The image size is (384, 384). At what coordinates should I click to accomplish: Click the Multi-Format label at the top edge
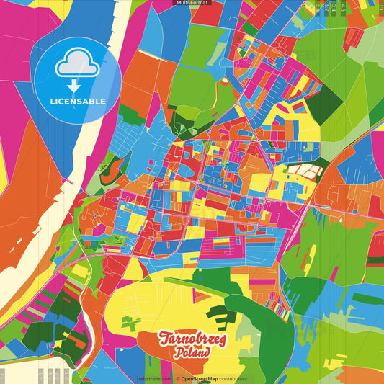[x=192, y=4]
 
